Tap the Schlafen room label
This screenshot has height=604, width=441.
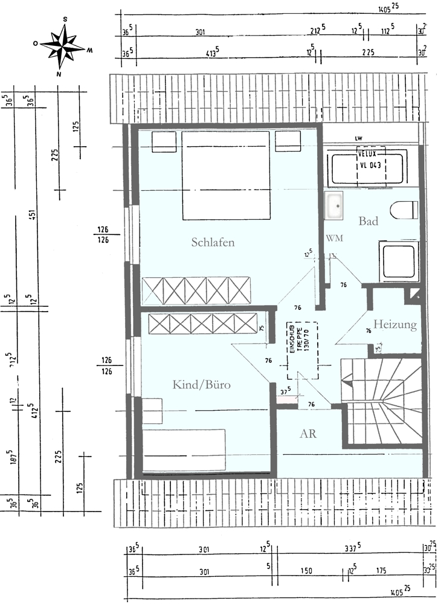pos(213,243)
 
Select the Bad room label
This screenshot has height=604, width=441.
pos(369,221)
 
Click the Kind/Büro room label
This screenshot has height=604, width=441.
pos(202,385)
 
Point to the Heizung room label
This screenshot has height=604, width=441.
pos(395,325)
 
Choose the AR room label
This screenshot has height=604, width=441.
pos(308,434)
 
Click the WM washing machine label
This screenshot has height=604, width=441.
pos(334,238)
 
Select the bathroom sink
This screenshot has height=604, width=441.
pos(333,205)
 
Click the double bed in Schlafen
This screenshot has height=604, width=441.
pos(225,175)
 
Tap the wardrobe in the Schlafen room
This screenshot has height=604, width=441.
pos(196,291)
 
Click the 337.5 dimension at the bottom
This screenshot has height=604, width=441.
pos(351,549)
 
